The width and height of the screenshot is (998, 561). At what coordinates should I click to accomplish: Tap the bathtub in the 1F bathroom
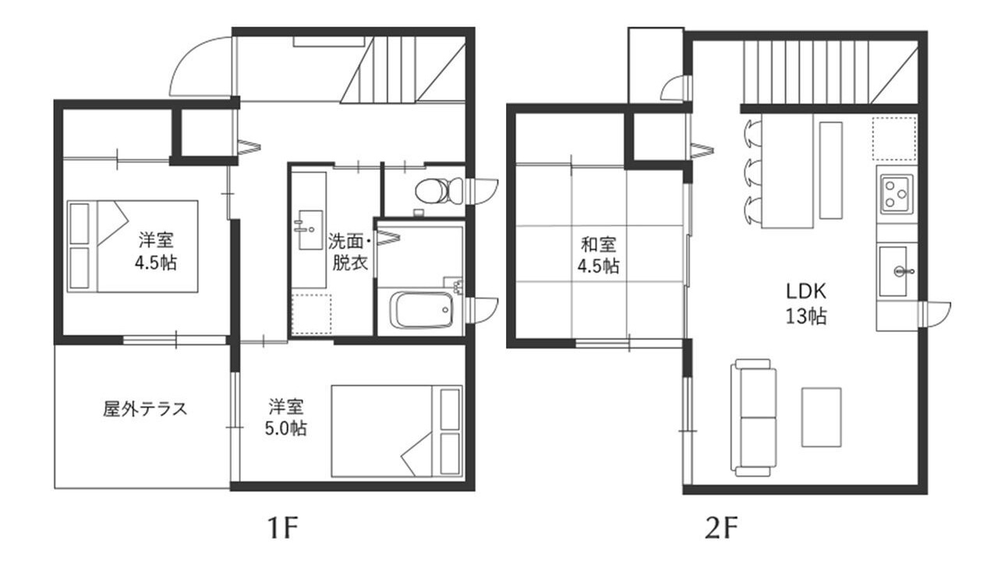pos(421,310)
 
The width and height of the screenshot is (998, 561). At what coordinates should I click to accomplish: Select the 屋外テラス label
pos(145,409)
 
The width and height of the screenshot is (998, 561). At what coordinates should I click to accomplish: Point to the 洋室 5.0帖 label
pos(285,417)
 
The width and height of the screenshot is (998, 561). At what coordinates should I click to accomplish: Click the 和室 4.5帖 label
pos(598,255)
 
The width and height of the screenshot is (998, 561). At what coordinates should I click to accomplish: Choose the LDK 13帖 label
pos(805,304)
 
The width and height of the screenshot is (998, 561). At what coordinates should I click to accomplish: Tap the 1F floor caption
pos(282,527)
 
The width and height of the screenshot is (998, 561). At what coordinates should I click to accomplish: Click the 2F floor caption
pos(721,527)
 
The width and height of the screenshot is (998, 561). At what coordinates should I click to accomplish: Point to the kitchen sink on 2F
pos(894,272)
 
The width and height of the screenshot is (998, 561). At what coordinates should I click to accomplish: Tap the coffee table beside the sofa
pos(822,417)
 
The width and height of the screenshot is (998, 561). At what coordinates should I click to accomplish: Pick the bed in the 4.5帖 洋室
pos(133,246)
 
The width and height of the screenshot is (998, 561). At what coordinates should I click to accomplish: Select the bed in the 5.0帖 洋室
pos(397,431)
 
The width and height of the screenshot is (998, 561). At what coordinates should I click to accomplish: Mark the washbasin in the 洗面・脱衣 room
pos(310,230)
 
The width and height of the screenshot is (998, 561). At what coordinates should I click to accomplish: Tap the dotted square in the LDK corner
pos(894,139)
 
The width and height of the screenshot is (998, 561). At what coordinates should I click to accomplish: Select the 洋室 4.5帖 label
pos(155,251)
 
